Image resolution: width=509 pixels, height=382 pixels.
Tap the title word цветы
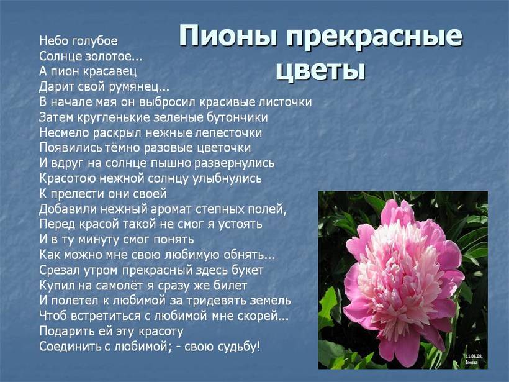[x=320, y=70]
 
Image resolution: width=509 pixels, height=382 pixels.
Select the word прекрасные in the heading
[x=374, y=37]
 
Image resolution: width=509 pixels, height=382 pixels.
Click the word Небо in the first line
[x=53, y=40]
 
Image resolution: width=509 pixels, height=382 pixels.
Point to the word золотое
[x=114, y=56]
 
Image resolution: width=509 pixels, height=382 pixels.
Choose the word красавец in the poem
[x=110, y=72]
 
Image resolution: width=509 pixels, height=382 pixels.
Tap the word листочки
[x=285, y=102]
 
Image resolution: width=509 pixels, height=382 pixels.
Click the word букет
[x=247, y=270]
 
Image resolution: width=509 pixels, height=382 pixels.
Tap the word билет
[x=230, y=286]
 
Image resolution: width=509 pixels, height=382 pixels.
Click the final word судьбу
[x=238, y=347]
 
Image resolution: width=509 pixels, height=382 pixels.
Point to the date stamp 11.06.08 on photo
[x=474, y=357]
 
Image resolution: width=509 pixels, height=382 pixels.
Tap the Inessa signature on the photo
[x=471, y=362]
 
